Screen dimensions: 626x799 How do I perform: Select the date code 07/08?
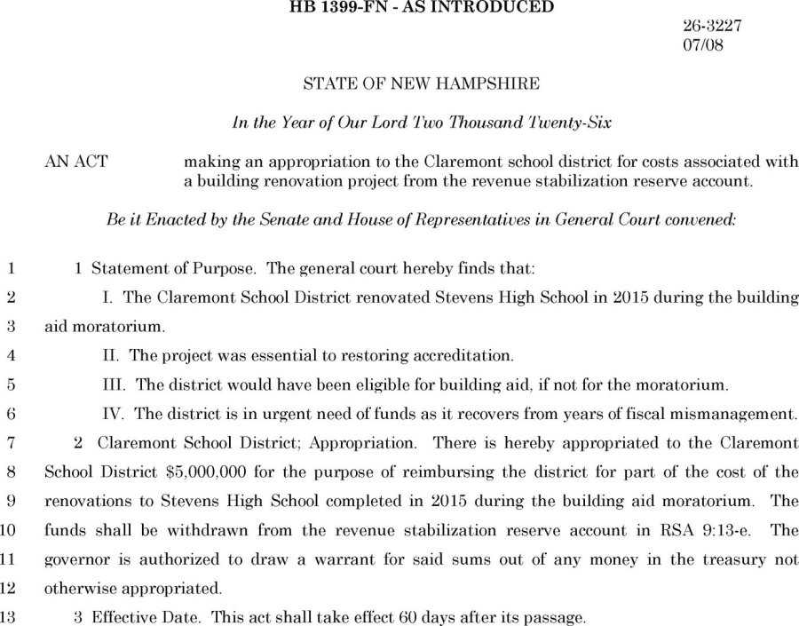[702, 45]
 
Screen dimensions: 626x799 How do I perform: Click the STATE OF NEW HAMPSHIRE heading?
[421, 85]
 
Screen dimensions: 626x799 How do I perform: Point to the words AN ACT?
[76, 162]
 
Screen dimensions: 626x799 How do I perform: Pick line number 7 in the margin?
[12, 442]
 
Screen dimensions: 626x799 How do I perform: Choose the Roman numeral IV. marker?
[116, 413]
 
